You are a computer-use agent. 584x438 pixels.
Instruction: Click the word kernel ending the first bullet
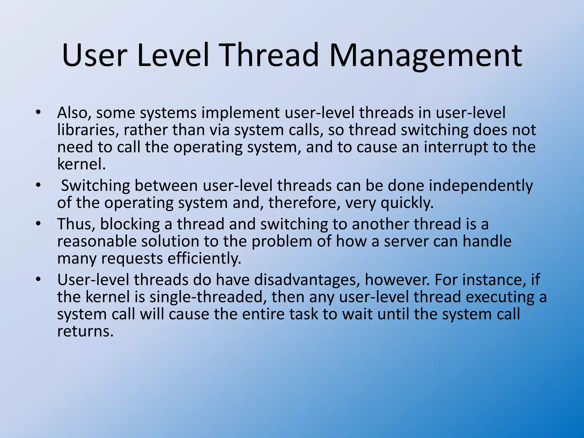pyautogui.click(x=81, y=164)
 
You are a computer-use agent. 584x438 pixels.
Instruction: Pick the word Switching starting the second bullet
pyautogui.click(x=95, y=186)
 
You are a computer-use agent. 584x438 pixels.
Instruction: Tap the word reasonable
pyautogui.click(x=96, y=242)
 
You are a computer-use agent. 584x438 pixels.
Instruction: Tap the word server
pyautogui.click(x=406, y=242)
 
